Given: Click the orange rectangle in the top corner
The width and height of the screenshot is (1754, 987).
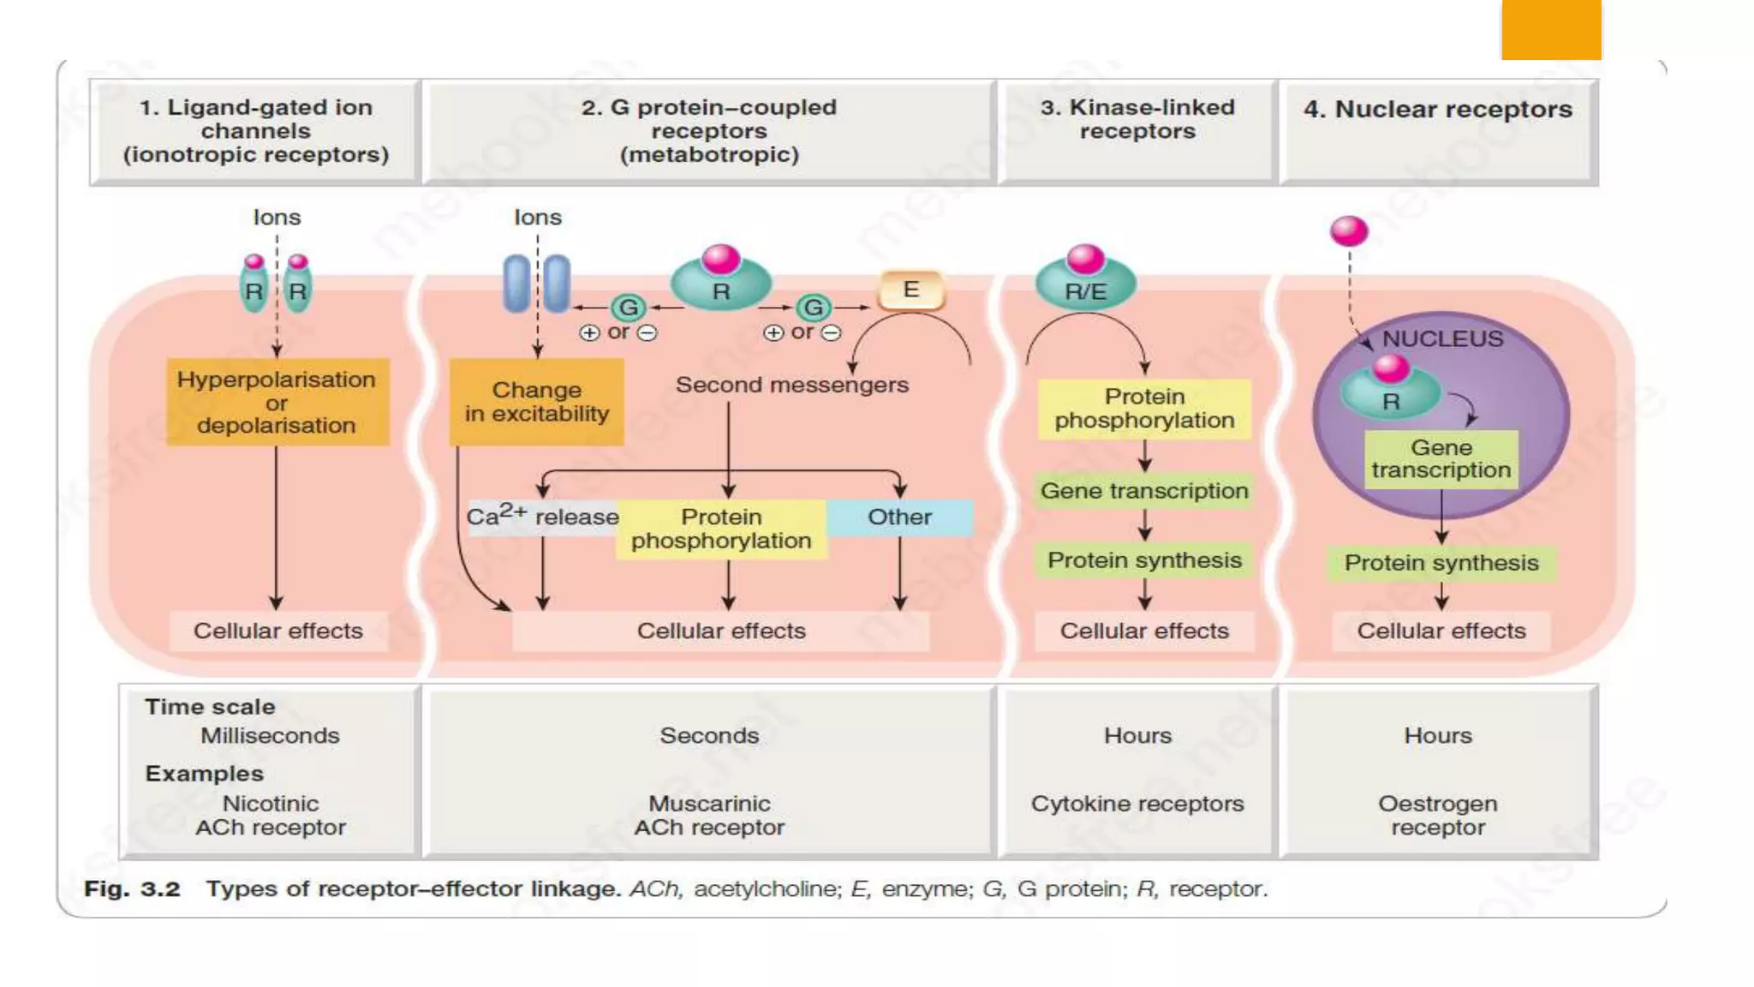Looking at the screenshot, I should tap(1550, 30).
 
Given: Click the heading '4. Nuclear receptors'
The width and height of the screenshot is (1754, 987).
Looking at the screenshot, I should tap(1438, 110).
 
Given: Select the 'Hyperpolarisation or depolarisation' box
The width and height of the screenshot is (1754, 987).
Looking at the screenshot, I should tap(277, 402).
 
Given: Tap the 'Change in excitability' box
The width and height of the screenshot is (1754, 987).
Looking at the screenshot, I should tap(536, 402).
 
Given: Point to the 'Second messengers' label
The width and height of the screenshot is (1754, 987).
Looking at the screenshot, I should tap(791, 385).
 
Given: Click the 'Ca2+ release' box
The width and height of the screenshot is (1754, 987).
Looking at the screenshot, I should tap(542, 517).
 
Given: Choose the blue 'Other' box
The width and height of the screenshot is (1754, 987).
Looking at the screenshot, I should tap(899, 517).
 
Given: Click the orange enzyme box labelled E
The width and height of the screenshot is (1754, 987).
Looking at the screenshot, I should tap(911, 290).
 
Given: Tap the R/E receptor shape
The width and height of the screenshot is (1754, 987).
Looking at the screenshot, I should tap(1085, 286).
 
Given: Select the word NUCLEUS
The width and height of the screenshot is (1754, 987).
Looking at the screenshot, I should tap(1442, 339).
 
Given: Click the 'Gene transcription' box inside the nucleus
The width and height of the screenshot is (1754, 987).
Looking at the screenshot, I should tap(1441, 459).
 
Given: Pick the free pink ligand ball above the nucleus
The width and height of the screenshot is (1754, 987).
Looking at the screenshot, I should tap(1349, 230).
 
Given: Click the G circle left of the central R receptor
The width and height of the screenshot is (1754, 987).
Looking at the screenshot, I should tap(629, 307).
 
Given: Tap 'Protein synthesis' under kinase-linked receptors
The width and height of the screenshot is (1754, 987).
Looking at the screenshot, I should tap(1144, 560).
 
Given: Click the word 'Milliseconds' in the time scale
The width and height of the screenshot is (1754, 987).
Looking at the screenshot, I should tap(270, 736).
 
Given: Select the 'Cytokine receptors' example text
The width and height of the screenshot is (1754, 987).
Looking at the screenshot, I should tap(1137, 804).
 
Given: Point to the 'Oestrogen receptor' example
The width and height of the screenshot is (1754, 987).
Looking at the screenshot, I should tap(1437, 815).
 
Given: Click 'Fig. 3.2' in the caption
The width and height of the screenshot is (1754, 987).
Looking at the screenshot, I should tap(133, 888).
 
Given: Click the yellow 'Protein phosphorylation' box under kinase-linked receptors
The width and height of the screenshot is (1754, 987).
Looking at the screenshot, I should tap(1144, 409).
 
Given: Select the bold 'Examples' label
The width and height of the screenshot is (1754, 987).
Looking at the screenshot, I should tap(204, 774).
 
